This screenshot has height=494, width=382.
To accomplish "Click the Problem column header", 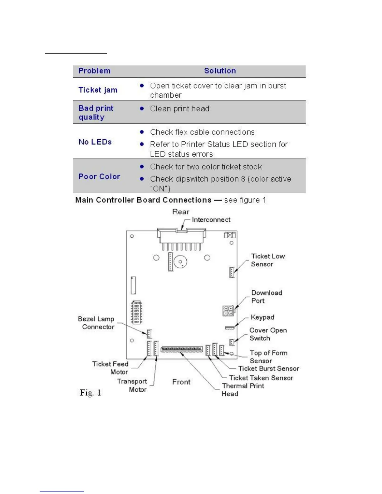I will (x=94, y=71).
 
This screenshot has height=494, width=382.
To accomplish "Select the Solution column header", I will (x=220, y=71).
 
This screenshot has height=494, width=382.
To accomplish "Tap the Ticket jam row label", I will (x=98, y=90).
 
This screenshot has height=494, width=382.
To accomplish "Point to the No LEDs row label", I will (x=95, y=142).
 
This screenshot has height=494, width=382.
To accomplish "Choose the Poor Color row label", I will (x=99, y=177).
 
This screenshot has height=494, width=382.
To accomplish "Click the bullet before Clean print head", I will (x=142, y=109).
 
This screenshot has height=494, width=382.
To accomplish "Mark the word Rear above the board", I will (x=181, y=212).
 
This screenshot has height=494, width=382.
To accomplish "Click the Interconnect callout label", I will (x=211, y=220).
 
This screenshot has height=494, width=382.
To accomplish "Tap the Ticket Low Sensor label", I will (x=268, y=260).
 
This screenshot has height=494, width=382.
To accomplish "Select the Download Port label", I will (x=267, y=297).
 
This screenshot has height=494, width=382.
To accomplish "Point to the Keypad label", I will (x=262, y=317).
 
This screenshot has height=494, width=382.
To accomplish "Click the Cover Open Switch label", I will (x=268, y=334).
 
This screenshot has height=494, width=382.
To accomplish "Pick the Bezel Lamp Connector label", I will (x=96, y=323).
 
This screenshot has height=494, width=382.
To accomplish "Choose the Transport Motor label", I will (x=132, y=385).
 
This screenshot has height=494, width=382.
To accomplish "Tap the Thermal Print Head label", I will (x=243, y=390).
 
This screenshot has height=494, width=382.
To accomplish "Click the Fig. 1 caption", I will (x=90, y=393).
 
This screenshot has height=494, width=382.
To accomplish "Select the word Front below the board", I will (x=181, y=382).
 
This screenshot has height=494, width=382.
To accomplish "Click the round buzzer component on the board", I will (x=180, y=262).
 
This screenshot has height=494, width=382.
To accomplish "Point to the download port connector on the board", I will (x=228, y=311).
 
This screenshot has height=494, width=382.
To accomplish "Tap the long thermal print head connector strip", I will (x=182, y=349).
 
